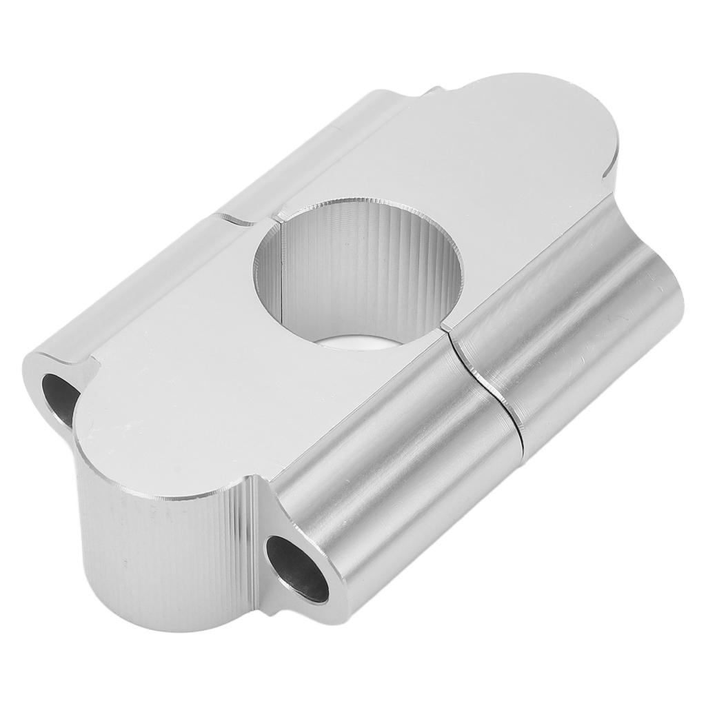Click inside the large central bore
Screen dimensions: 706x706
tap(359, 276)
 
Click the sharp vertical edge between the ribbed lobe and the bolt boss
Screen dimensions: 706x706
tap(259, 545)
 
